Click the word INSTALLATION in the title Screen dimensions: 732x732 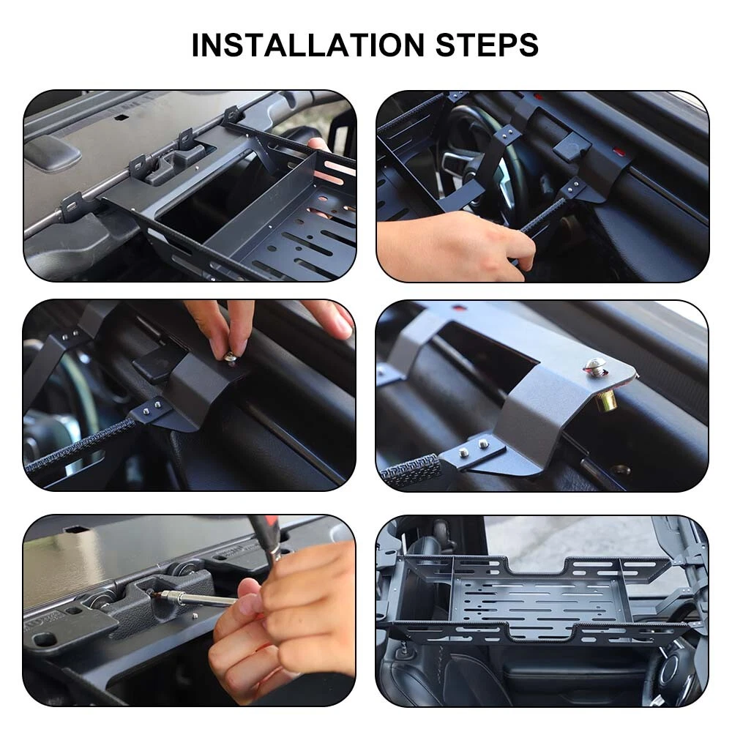pyautogui.click(x=307, y=45)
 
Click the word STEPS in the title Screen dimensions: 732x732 pyautogui.click(x=487, y=45)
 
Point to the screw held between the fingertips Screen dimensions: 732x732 pyautogui.click(x=230, y=358)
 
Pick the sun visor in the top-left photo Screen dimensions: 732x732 pyautogui.click(x=52, y=151)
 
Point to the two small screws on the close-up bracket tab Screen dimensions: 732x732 pyautogui.click(x=473, y=448)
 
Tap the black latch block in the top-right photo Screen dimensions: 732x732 pyautogui.click(x=571, y=144)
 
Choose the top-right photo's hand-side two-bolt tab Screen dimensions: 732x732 pyautogui.click(x=573, y=188)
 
